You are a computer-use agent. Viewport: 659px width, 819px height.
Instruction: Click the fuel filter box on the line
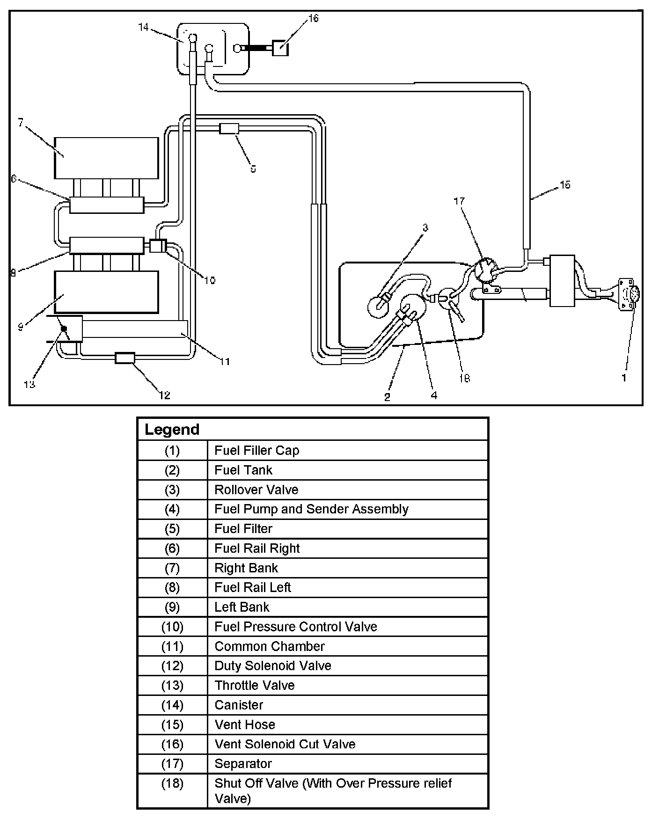[x=229, y=128]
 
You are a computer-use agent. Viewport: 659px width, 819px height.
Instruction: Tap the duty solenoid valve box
[x=125, y=358]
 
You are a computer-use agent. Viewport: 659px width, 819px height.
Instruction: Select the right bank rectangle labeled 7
[x=106, y=158]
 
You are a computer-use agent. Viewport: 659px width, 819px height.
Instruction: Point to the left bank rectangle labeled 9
[x=106, y=292]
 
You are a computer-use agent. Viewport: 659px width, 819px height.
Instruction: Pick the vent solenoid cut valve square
[x=280, y=48]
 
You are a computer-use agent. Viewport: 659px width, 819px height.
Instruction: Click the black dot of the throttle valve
[x=64, y=329]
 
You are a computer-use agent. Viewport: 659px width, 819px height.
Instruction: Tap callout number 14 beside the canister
[x=143, y=27]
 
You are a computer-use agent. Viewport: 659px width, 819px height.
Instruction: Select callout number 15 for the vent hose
[x=565, y=185]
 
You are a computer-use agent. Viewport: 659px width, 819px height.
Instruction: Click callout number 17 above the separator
[x=459, y=201]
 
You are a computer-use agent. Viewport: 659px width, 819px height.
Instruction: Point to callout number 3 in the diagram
[x=425, y=228]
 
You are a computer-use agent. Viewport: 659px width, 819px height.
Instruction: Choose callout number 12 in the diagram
[x=164, y=395]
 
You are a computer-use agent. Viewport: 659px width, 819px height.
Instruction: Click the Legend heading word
[x=172, y=429]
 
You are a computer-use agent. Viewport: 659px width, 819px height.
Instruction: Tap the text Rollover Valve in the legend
[x=256, y=490]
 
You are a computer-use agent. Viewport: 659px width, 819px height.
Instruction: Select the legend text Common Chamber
[x=269, y=646]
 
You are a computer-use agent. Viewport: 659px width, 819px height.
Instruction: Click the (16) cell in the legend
[x=172, y=744]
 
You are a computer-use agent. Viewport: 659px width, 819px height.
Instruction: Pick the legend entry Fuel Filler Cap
[x=256, y=450]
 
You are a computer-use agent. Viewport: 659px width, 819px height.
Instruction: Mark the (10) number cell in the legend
[x=172, y=627]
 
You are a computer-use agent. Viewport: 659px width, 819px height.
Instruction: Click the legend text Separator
[x=243, y=764]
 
